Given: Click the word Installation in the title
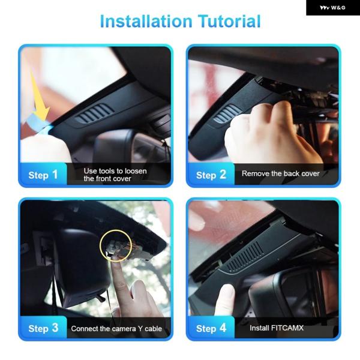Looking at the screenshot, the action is (146, 22).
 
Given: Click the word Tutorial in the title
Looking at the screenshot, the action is (229, 22).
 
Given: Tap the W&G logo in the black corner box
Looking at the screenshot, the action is (332, 8).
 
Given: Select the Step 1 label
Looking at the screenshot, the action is (43, 175).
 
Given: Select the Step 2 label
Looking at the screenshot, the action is (211, 175).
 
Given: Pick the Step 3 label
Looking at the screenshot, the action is (43, 328).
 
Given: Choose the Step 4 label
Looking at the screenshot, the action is (211, 328).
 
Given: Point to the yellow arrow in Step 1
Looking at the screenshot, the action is (40, 97).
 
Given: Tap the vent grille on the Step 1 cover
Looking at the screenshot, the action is (95, 113).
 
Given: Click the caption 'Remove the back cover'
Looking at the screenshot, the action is (281, 173).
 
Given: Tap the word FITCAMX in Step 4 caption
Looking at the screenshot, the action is (287, 328).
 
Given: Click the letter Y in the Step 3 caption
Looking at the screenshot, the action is (140, 329).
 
